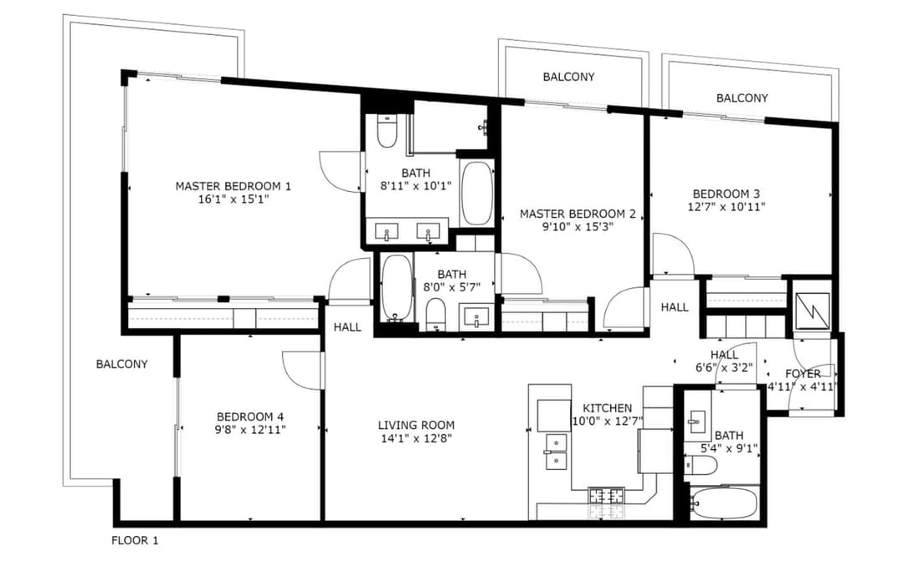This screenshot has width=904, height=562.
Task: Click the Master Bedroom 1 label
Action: pos(233,187)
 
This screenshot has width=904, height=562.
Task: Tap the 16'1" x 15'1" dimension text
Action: pos(234,199)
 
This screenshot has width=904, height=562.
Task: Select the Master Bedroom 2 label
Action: pos(578,214)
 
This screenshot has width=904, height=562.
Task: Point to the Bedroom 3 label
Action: pos(727,193)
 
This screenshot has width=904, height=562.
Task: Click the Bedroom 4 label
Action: pos(250,416)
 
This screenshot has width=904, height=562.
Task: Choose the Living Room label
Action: pos(416,425)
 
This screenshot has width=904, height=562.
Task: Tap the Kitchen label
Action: pos(607,408)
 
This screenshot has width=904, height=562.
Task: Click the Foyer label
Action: pos(803,374)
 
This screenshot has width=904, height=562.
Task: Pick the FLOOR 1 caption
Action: pos(134,541)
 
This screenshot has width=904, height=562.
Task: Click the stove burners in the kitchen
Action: pos(606,495)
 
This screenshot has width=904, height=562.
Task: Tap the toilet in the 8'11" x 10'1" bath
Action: pos(386,132)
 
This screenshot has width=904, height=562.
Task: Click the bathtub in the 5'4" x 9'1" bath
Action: pos(724,503)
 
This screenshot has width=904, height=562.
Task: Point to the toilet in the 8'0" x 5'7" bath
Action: pos(436,315)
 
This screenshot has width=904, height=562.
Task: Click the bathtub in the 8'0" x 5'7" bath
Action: pos(396,288)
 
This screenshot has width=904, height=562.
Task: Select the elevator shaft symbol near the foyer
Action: pos(812,311)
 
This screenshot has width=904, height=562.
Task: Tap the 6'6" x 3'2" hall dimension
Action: pos(724,368)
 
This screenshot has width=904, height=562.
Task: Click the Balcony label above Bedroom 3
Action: pos(742,98)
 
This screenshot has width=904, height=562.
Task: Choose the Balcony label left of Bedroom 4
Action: pos(121,364)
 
